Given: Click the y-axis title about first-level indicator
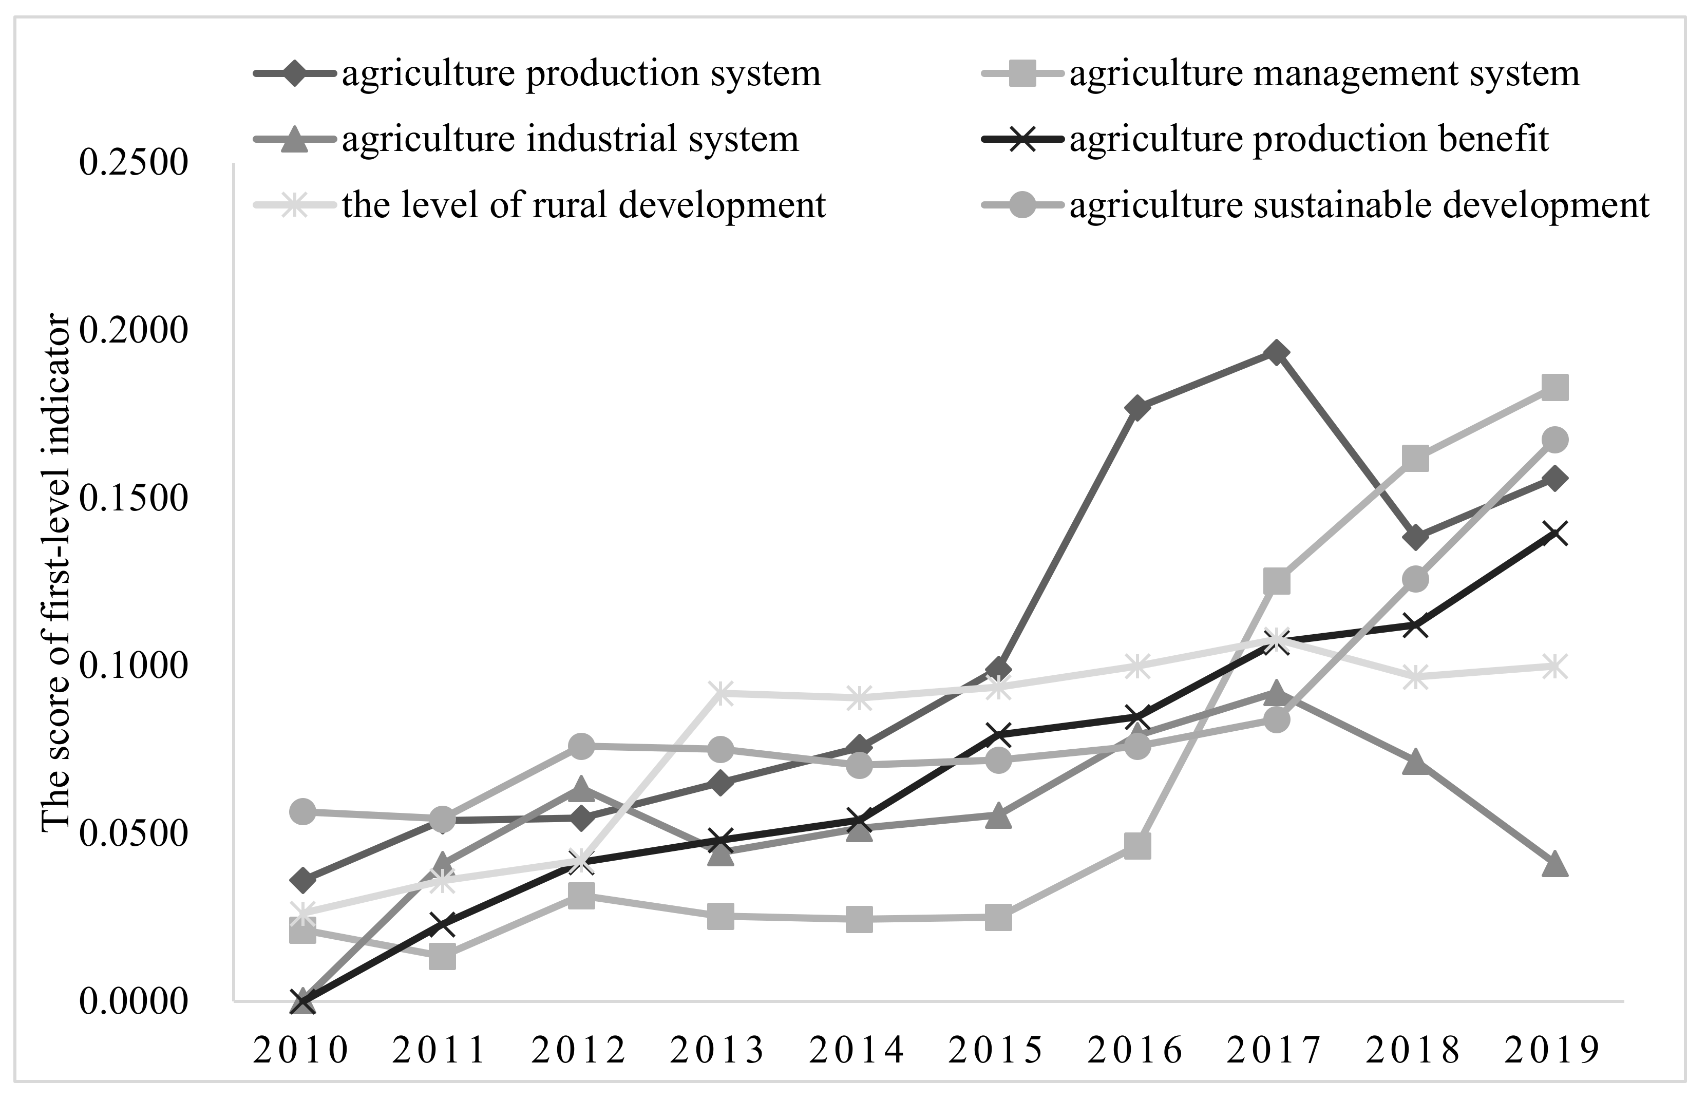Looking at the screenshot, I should tap(56, 572).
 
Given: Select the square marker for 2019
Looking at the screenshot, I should tap(1555, 388).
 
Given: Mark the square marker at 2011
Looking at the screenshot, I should tap(443, 957).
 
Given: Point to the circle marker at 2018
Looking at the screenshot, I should tap(1415, 579).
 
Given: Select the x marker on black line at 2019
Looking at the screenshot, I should tap(1555, 534).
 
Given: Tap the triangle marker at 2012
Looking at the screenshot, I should tap(581, 790).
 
